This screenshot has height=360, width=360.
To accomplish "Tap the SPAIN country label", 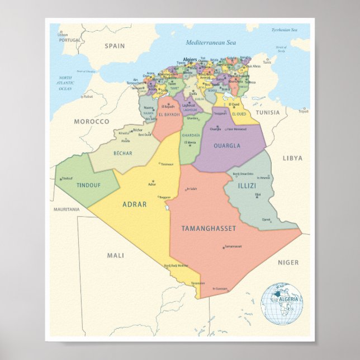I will click(x=114, y=46).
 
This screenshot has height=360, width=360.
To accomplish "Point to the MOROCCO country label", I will click(x=91, y=121).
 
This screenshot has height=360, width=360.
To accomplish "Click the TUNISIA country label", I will click(x=268, y=112).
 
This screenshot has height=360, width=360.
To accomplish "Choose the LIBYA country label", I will click(x=292, y=158).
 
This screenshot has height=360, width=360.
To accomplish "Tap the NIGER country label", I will click(x=288, y=262).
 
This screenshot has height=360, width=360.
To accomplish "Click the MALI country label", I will click(x=115, y=255).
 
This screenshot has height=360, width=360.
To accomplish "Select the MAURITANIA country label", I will click(x=67, y=210).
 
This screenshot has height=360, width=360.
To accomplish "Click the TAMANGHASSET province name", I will click(x=209, y=229).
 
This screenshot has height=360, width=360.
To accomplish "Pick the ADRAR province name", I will click(x=134, y=205).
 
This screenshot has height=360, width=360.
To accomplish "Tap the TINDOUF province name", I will click(x=88, y=185).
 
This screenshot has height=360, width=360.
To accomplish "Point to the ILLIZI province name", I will click(x=247, y=185).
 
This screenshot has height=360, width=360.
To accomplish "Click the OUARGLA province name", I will click(x=226, y=146).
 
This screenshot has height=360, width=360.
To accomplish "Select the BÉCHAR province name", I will click(x=122, y=152).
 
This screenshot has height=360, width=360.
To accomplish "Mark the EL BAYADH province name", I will click(x=168, y=115).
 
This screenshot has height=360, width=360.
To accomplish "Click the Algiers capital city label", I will click(x=191, y=58).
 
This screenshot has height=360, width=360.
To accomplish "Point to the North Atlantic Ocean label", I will click(x=66, y=83).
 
